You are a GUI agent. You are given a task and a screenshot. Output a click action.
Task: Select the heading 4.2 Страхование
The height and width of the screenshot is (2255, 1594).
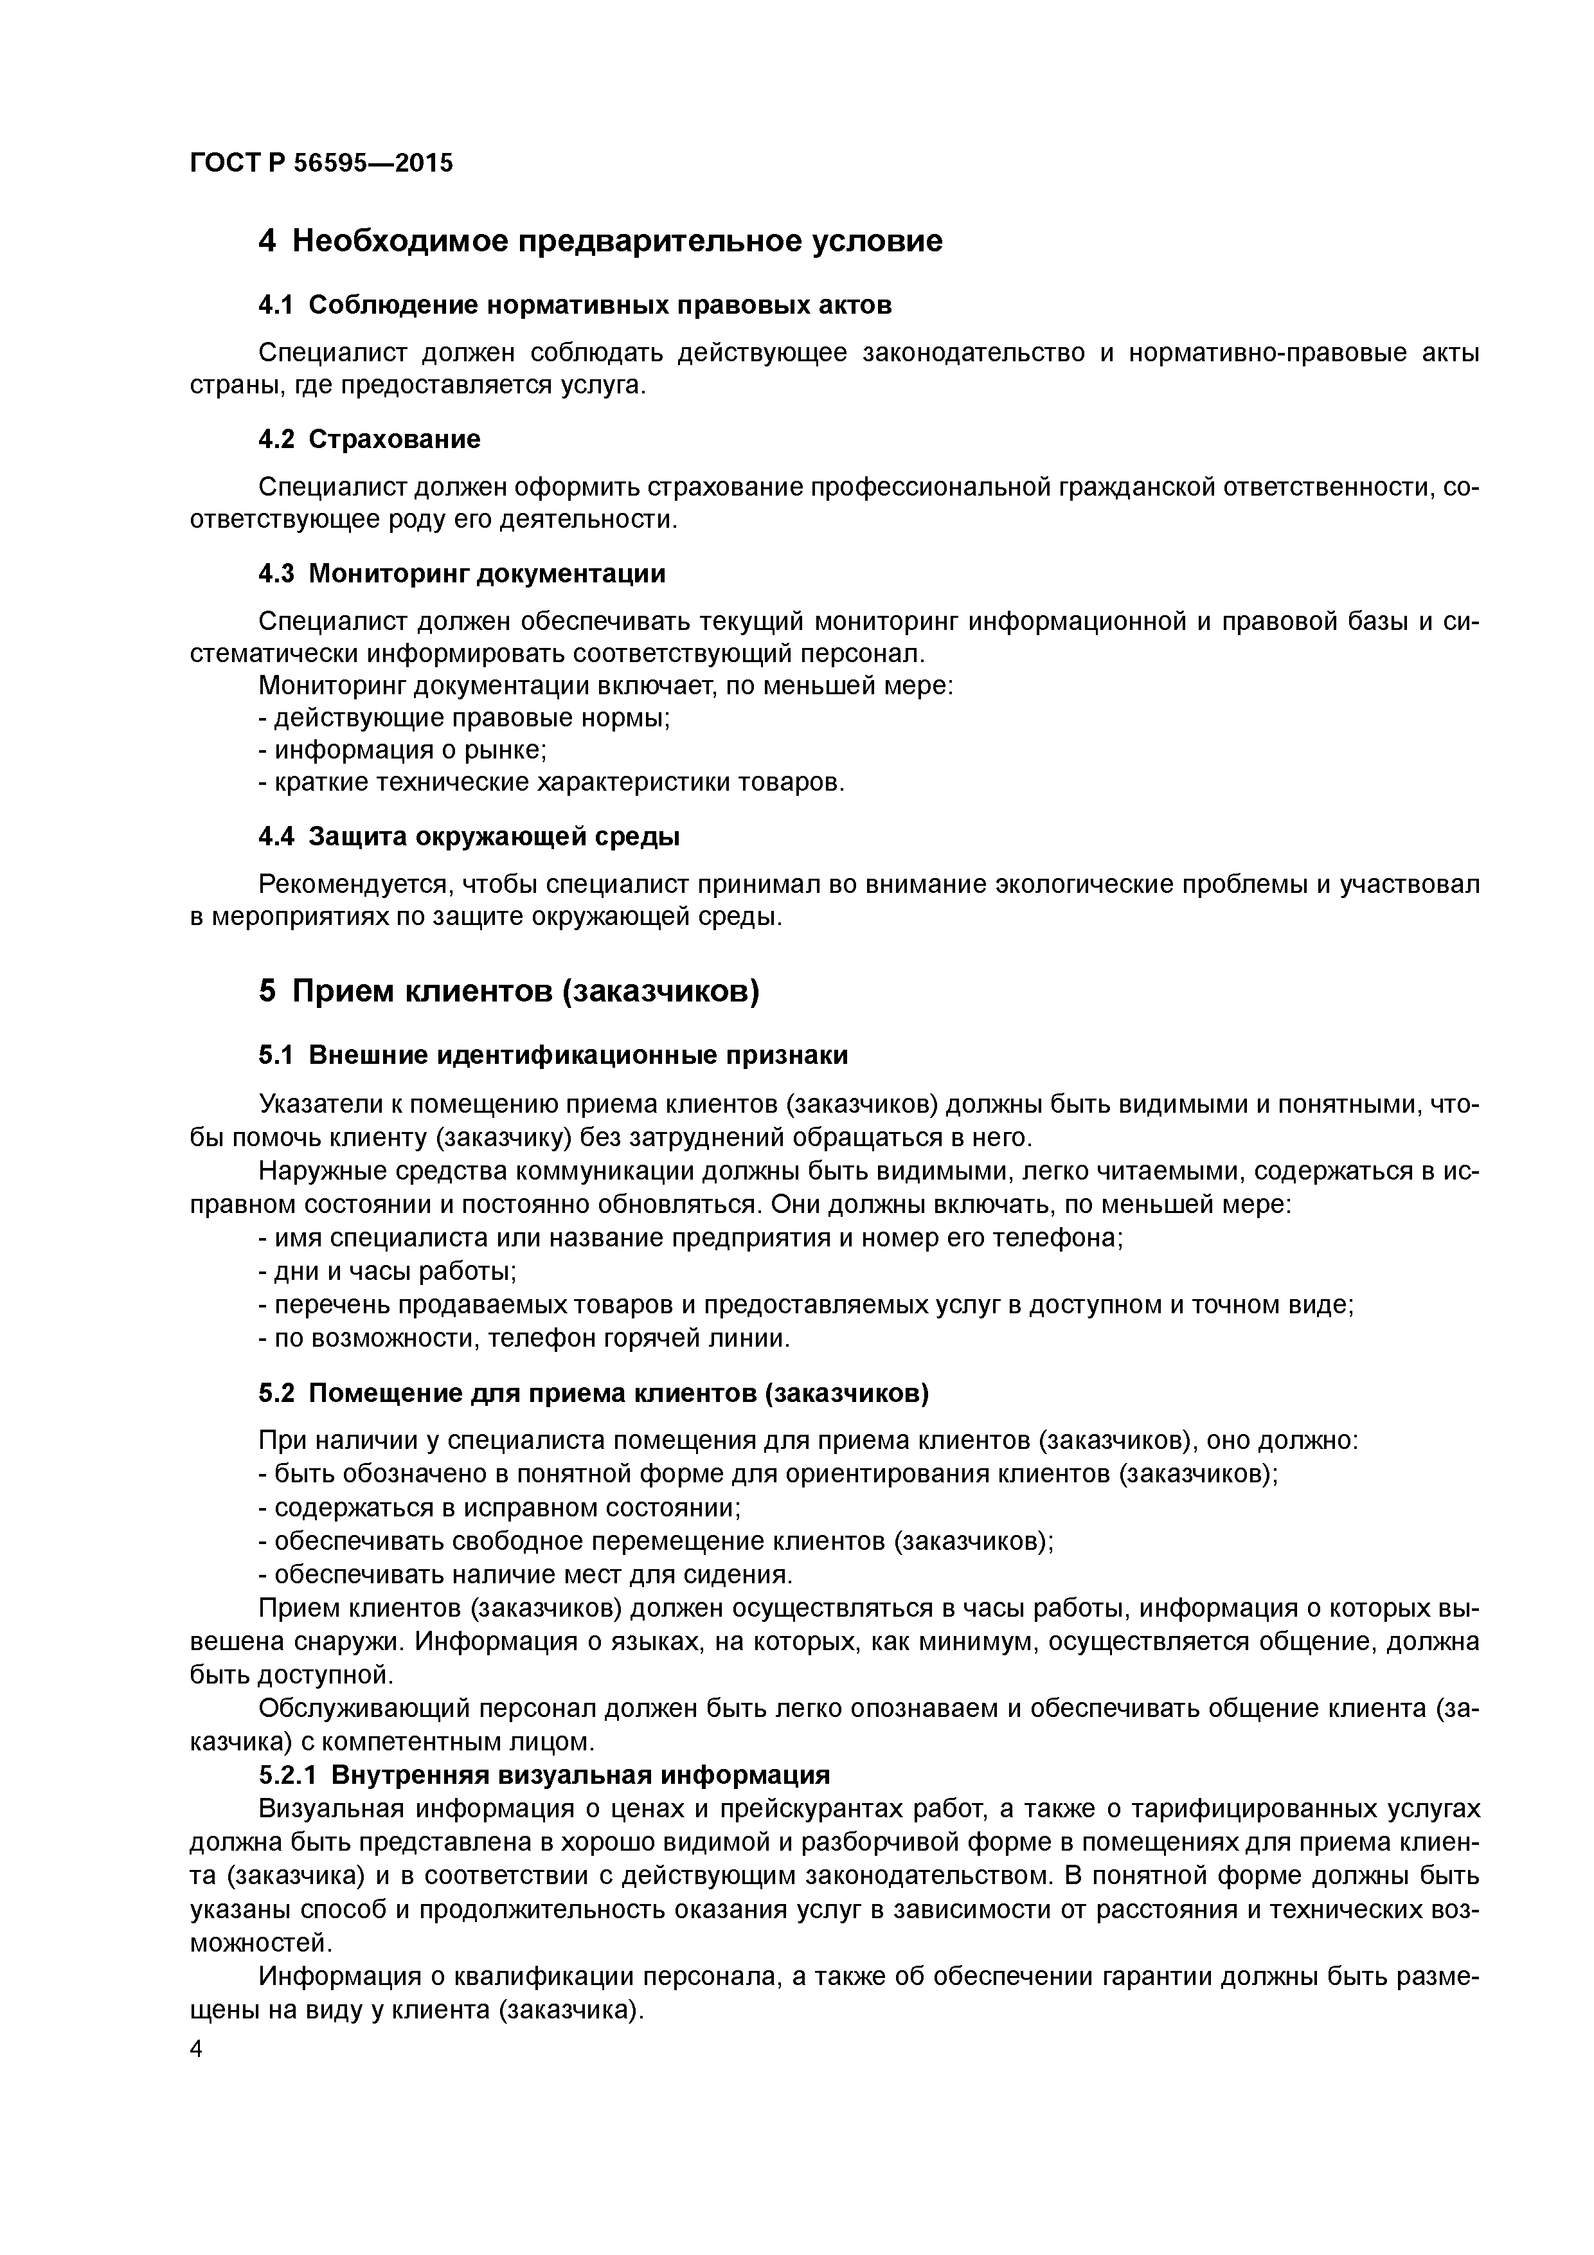tap(370, 439)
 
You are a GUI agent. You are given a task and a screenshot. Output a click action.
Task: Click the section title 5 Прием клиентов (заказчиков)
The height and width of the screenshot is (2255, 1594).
tap(509, 991)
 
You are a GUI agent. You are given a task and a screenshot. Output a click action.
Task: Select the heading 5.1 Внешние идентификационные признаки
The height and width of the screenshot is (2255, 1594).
tap(553, 1055)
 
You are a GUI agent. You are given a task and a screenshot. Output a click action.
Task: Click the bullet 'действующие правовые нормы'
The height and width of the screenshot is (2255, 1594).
tap(465, 718)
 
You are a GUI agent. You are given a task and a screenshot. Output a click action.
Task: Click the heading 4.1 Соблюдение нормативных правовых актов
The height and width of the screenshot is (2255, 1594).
tap(575, 305)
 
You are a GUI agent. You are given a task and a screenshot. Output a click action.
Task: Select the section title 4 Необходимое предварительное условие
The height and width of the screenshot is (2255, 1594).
tap(600, 240)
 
